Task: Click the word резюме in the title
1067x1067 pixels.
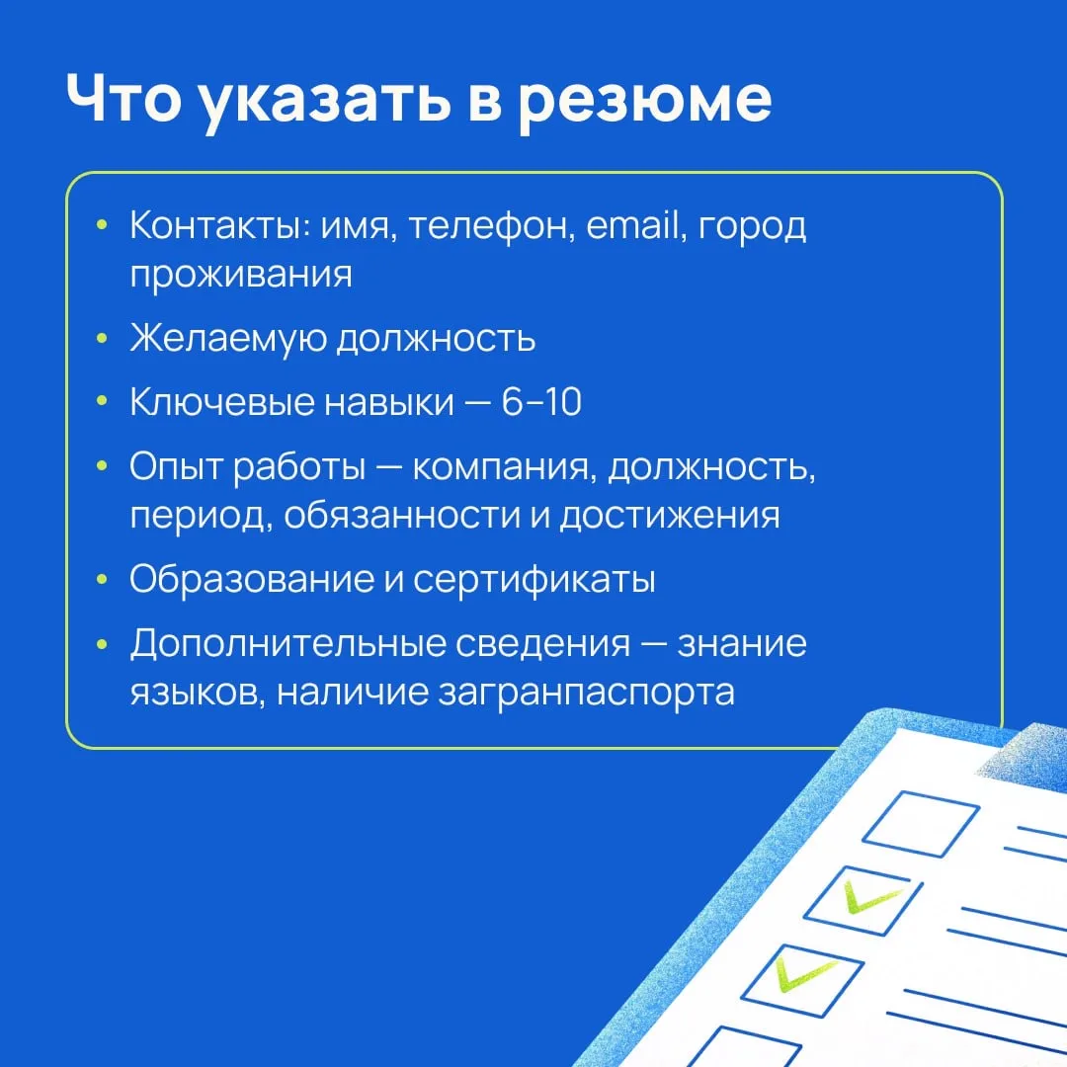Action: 644,102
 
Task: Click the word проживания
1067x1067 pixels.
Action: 241,275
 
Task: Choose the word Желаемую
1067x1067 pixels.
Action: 228,338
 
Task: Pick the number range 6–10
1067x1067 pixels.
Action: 541,401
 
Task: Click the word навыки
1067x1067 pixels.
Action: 388,402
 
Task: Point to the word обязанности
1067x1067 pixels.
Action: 401,515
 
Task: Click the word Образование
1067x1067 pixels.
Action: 252,579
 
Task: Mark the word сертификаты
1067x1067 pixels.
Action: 534,581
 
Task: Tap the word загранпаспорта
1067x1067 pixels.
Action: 586,694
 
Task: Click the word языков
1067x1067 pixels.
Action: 198,693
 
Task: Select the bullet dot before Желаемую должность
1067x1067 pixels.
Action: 102,338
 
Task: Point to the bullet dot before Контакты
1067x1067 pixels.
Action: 102,224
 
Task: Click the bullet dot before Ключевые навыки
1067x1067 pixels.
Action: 102,401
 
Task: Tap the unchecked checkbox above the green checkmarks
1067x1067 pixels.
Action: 920,822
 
